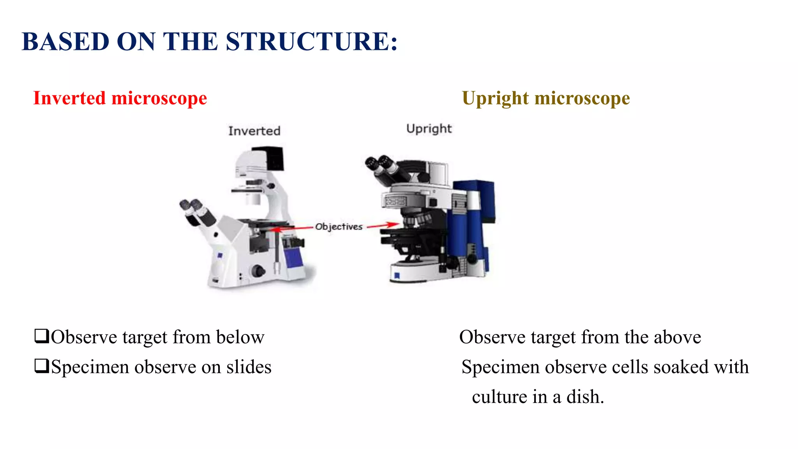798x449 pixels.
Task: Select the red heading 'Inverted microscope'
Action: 120,98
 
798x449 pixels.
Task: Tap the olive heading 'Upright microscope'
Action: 546,98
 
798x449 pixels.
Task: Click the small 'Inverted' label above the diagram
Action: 254,131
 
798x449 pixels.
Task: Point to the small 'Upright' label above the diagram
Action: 429,129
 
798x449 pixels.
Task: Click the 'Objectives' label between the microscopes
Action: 339,226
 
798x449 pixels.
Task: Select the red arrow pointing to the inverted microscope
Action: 292,228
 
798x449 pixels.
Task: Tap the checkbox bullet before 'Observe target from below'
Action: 41,336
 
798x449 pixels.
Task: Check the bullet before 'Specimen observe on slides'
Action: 41,366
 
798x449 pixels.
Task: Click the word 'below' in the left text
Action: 240,337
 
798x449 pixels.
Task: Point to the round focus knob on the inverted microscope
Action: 258,270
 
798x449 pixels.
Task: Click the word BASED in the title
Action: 65,42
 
